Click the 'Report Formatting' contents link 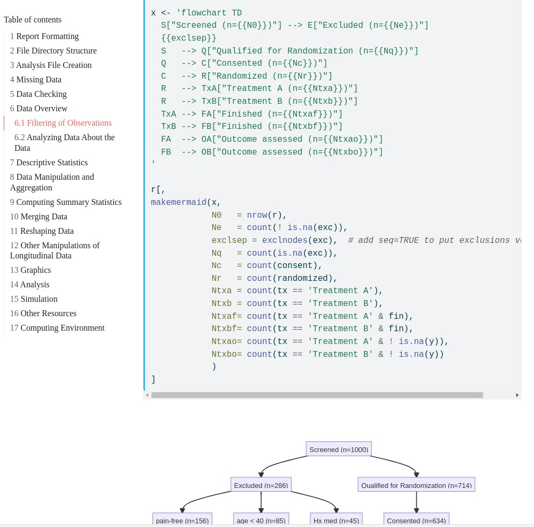coord(47,36)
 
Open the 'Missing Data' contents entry coord(39,80)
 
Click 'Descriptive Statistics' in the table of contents coord(51,163)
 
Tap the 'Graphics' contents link coord(35,270)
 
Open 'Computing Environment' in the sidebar coord(62,328)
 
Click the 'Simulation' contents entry coord(39,299)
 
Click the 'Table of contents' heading coord(33,20)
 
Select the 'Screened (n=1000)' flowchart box coord(339,449)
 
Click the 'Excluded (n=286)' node coord(261,485)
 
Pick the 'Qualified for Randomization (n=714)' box coord(416,485)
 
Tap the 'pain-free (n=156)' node coord(182,520)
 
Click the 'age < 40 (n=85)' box coord(261,520)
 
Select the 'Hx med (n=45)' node coord(336,520)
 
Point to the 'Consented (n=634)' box coord(416,520)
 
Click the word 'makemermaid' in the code coord(178,202)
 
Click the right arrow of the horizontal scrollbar coord(517,395)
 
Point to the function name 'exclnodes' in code coord(284,240)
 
